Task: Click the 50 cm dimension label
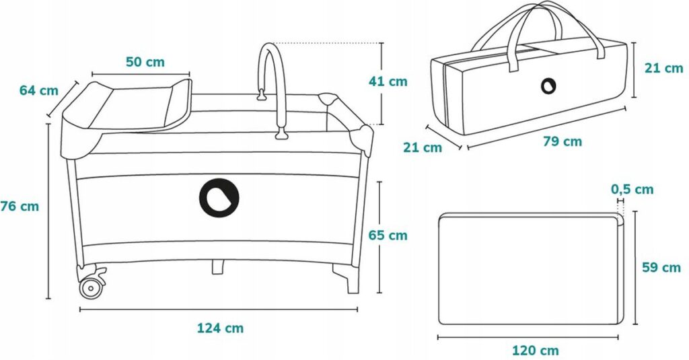(145, 62)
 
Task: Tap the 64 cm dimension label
(38, 91)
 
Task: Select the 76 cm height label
(20, 206)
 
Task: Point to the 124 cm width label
(220, 328)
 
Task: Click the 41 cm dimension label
(388, 81)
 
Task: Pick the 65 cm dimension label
(388, 235)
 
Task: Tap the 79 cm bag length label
(563, 141)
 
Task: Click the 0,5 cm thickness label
(632, 190)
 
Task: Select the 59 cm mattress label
(661, 267)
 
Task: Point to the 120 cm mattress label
(536, 351)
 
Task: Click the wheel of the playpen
(91, 288)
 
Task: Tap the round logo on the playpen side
(219, 198)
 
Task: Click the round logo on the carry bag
(548, 85)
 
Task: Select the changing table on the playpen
(127, 106)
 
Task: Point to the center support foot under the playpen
(218, 267)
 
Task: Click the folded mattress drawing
(532, 269)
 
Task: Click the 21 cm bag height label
(664, 68)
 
